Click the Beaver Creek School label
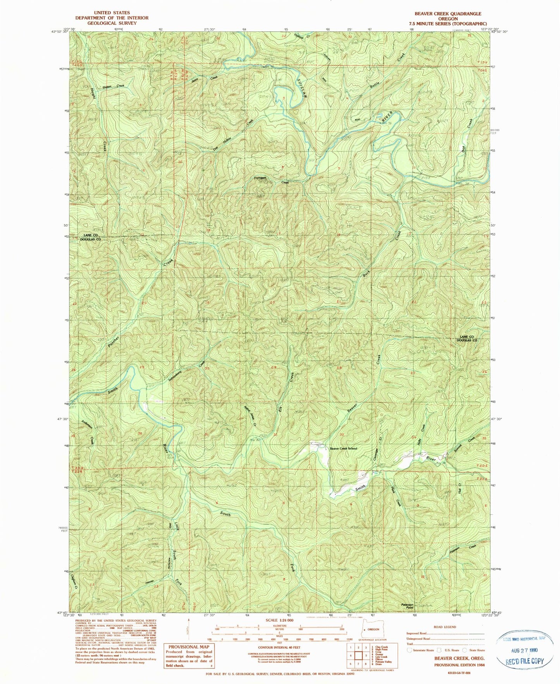point(343,448)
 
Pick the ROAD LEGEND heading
point(446,627)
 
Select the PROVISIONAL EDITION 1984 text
point(460,665)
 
